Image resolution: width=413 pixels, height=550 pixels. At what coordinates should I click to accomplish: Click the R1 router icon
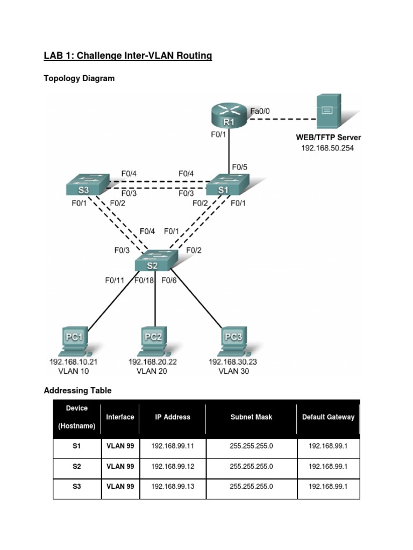[x=229, y=116]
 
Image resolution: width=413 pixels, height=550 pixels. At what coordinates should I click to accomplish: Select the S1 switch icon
[x=225, y=186]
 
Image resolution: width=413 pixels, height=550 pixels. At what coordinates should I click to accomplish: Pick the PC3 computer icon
[x=232, y=341]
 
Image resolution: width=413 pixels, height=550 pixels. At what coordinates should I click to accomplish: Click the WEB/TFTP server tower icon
[x=327, y=111]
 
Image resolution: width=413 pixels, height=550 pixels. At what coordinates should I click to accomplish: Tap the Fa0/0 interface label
[x=260, y=111]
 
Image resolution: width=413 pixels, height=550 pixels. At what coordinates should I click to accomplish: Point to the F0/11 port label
[x=115, y=280]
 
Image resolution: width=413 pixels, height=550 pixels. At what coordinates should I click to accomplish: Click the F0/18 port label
[x=144, y=280]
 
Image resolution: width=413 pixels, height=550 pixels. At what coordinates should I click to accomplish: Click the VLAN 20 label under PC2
[x=152, y=371]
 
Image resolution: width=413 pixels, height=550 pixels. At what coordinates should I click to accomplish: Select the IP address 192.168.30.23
[x=232, y=362]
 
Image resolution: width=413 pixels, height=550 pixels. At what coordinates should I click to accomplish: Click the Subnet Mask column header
[x=251, y=417]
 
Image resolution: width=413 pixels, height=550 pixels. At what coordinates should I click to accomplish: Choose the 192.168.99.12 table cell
[x=173, y=467]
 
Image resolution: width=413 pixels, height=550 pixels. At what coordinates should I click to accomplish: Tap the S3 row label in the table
[x=77, y=487]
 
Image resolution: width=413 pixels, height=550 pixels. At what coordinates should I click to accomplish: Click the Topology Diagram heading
[x=79, y=78]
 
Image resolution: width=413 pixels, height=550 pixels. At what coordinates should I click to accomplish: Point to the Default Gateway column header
[x=328, y=417]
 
